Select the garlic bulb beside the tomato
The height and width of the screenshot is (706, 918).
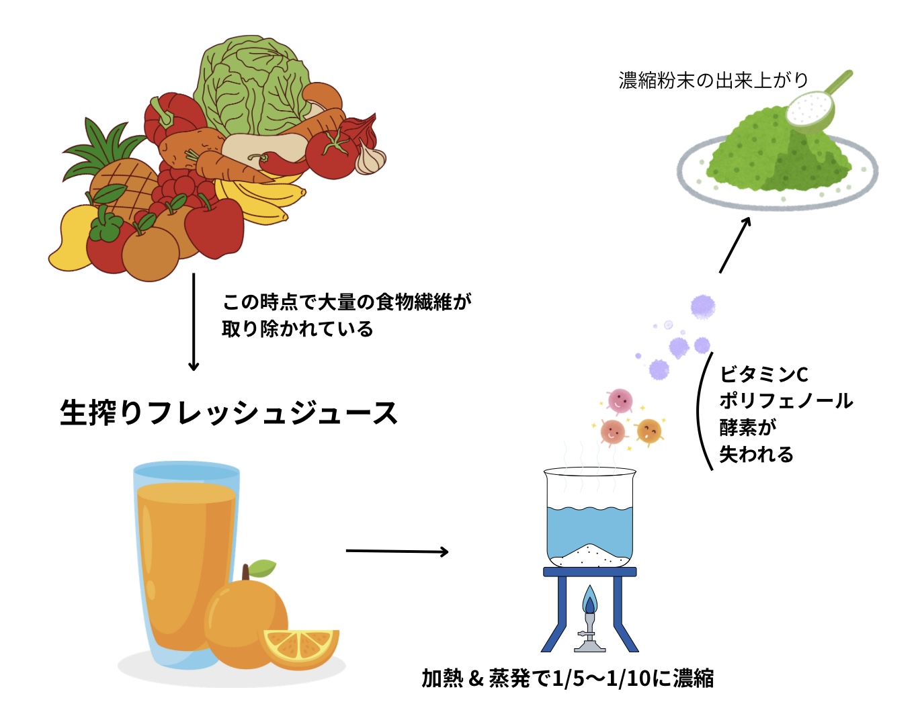tap(370, 159)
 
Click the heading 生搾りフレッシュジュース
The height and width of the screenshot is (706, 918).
tap(228, 412)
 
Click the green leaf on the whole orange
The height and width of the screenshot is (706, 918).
tap(262, 568)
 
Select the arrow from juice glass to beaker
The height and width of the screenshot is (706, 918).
tap(397, 551)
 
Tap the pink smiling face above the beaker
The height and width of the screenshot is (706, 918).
tap(619, 400)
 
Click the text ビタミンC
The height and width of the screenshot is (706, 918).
tap(763, 374)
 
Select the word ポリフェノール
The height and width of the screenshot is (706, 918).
tap(786, 401)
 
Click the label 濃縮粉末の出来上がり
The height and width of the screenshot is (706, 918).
tap(713, 81)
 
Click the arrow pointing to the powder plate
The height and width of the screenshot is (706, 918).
tap(735, 245)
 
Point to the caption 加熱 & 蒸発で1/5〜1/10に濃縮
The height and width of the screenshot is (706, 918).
tap(567, 678)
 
